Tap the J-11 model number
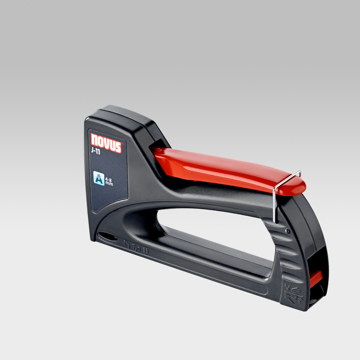[96, 152]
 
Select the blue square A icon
[99, 178]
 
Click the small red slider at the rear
[316, 277]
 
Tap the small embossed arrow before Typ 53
[126, 245]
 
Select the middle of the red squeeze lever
[223, 169]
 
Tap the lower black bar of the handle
[202, 268]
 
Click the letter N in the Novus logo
[94, 140]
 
